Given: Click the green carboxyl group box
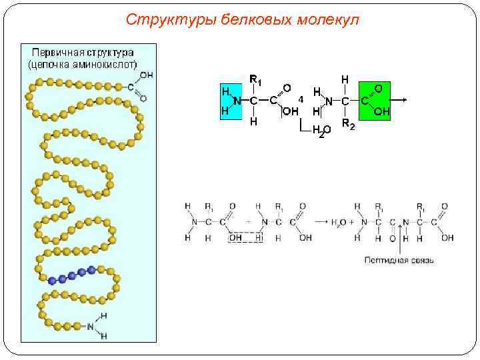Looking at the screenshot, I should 374,100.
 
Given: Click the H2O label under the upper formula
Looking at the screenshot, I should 320,132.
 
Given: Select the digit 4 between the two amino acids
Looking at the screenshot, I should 301,99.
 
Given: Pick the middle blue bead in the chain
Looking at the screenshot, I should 72,274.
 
